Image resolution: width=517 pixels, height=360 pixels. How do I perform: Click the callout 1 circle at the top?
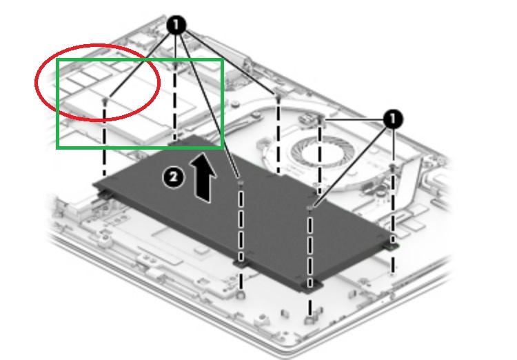pyautogui.click(x=176, y=25)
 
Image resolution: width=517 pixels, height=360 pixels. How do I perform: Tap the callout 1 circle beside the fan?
pyautogui.click(x=393, y=119)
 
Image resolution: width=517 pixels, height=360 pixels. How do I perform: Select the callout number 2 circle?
pyautogui.click(x=174, y=177)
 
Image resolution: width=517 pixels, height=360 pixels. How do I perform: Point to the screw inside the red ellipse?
pyautogui.click(x=105, y=99)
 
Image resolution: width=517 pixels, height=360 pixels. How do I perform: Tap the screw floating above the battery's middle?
pyautogui.click(x=240, y=182)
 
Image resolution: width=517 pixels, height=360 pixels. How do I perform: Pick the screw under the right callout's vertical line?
pyautogui.click(x=392, y=167)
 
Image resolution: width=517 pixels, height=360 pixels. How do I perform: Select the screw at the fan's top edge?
pyautogui.click(x=320, y=119)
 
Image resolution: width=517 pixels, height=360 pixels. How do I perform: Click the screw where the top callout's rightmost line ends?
pyautogui.click(x=278, y=96)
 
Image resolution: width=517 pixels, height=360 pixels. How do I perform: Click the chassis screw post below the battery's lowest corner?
pyautogui.click(x=310, y=319)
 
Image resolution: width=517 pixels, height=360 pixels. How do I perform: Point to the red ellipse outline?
pyautogui.click(x=98, y=82)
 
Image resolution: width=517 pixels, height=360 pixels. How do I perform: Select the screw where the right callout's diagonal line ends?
pyautogui.click(x=310, y=208)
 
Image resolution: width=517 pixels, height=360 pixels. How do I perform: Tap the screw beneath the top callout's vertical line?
pyautogui.click(x=175, y=66)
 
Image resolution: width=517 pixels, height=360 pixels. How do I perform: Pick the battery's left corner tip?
pyautogui.click(x=94, y=184)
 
